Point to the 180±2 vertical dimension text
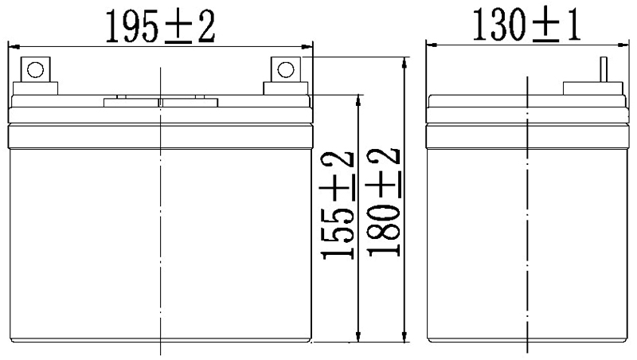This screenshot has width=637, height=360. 383,201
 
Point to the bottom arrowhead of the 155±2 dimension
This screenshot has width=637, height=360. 360,338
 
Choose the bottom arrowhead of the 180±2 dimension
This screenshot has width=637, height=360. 405,338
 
